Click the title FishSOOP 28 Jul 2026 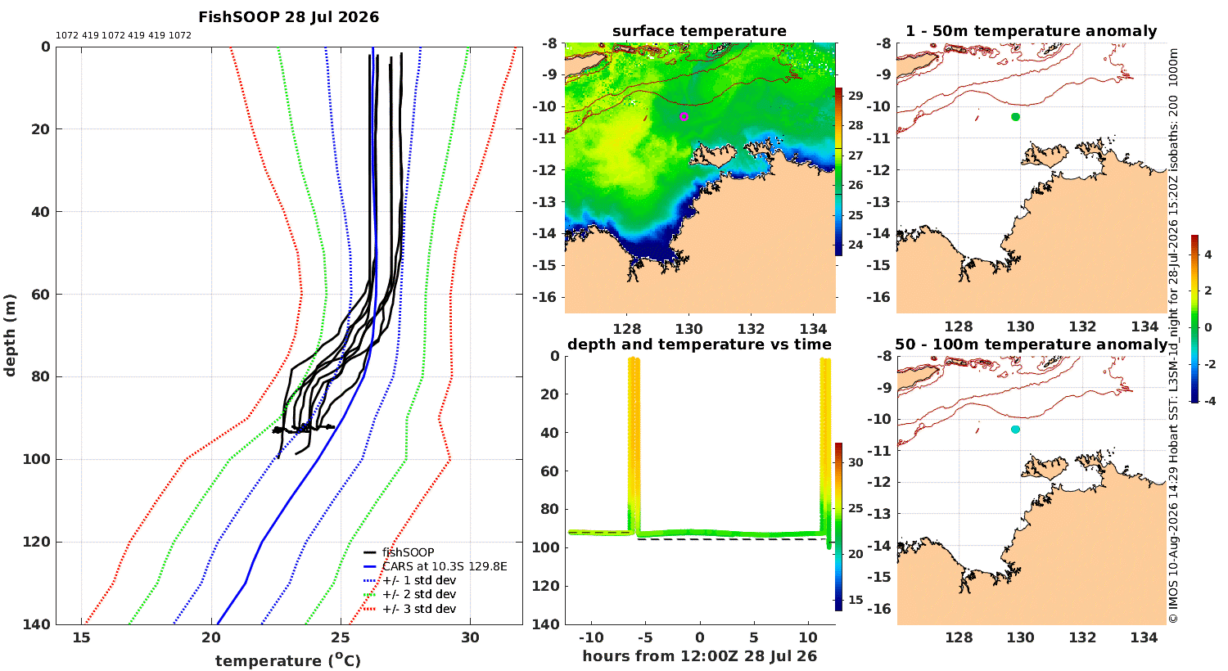click(288, 17)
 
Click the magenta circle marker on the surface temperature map click(684, 117)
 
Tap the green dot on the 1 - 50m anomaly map click(1015, 117)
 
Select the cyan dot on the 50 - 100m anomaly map click(1015, 430)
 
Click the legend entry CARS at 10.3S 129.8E click(445, 566)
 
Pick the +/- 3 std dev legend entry click(419, 609)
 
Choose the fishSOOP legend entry click(408, 552)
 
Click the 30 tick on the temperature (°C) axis click(471, 637)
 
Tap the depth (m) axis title click(10, 335)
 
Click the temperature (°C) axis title click(288, 660)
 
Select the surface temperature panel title click(699, 31)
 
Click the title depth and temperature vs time click(699, 344)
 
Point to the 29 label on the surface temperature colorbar click(856, 96)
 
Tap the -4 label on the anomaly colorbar click(1209, 401)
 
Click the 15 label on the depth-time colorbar click(856, 600)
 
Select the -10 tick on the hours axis click(591, 637)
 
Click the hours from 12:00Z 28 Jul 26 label click(699, 655)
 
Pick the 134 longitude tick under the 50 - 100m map click(1144, 637)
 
